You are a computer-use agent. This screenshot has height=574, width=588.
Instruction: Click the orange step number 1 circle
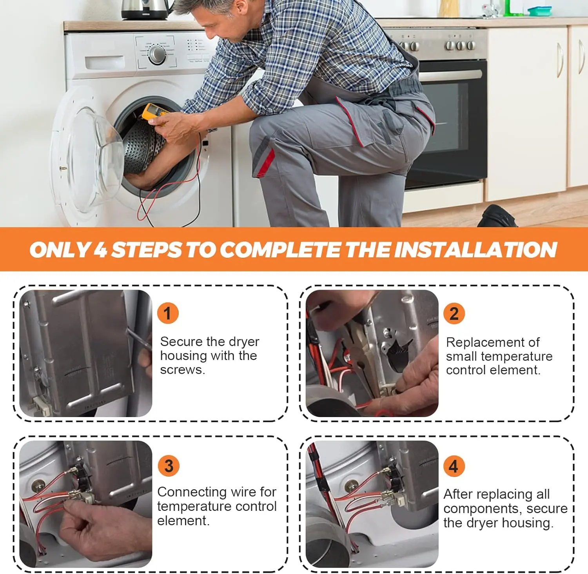(x=168, y=313)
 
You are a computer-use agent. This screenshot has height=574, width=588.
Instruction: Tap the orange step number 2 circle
(x=454, y=313)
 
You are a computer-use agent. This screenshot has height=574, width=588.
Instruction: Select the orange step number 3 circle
(x=169, y=466)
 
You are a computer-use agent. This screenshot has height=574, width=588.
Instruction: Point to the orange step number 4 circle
(x=454, y=466)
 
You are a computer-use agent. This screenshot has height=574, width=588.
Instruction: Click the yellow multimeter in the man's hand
(x=154, y=111)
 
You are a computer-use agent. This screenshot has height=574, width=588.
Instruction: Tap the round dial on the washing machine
(x=157, y=55)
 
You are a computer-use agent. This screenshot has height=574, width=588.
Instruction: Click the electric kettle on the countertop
(x=146, y=9)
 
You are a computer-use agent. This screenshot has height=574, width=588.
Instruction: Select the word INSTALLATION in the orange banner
(x=475, y=250)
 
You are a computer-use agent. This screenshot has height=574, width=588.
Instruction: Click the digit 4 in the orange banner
(x=100, y=250)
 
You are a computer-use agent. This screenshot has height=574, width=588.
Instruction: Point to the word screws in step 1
(x=182, y=370)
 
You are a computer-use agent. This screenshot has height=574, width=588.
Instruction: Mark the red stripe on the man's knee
(x=267, y=162)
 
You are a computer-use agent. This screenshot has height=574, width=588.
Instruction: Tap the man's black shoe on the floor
(x=497, y=216)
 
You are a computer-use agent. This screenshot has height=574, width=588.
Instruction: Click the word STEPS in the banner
(x=147, y=250)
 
